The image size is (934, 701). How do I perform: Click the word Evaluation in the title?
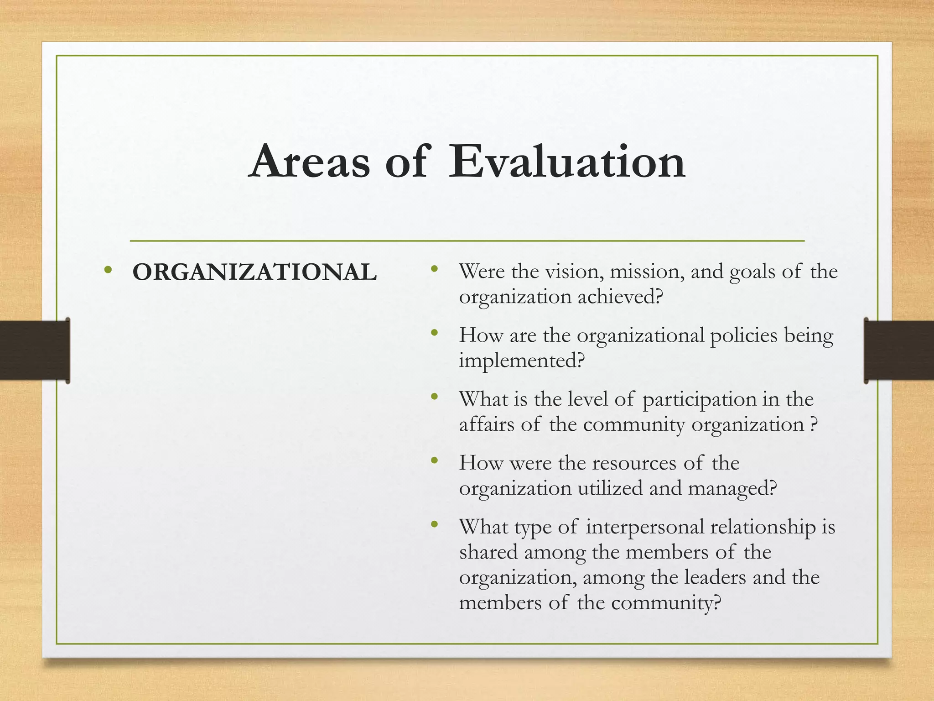pos(567,162)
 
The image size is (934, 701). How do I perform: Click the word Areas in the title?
pos(310,162)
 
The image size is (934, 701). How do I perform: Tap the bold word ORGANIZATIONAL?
pos(254,272)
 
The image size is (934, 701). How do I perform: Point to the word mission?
pos(647,272)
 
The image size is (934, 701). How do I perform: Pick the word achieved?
pos(619,297)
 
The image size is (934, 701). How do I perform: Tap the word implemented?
pos(521,361)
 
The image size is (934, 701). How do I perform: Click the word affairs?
pos(487,424)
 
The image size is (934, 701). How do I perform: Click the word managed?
pos(731,488)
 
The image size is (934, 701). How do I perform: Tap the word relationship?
pos(763,527)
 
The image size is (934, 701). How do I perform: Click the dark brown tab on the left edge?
pos(35,350)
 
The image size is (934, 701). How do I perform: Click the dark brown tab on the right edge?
pos(899,350)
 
